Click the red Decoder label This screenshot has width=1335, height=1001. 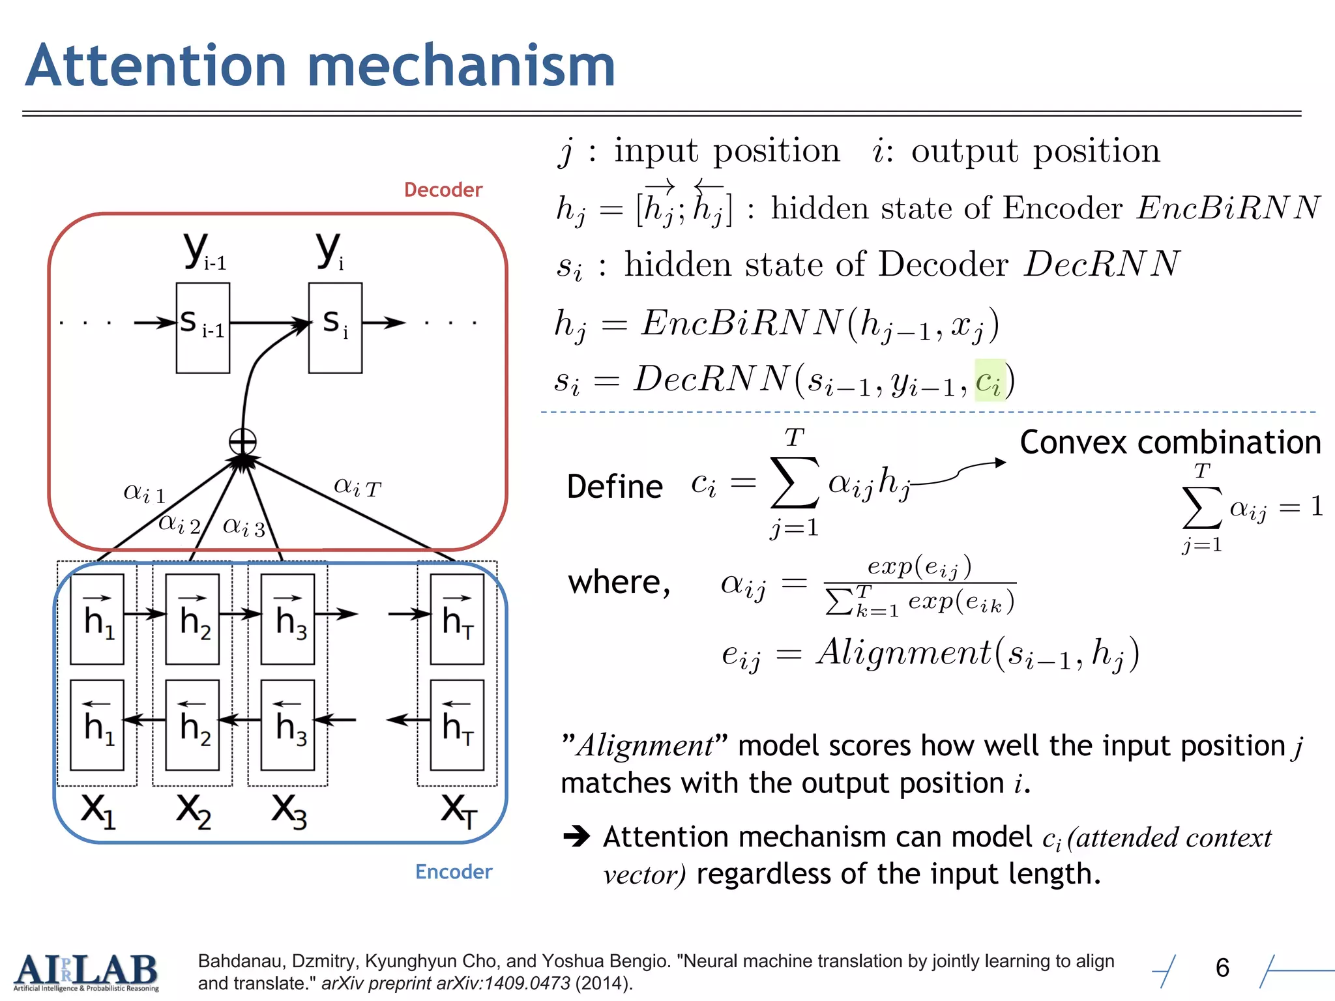443,190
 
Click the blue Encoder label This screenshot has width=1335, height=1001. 453,872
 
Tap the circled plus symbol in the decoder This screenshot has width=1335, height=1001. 242,442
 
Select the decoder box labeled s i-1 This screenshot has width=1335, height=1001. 203,327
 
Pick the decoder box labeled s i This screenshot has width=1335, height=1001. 335,327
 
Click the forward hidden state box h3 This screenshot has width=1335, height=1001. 287,618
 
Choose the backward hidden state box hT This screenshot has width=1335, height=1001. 457,725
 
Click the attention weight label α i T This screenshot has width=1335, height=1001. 357,486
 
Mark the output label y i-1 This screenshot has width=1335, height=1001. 204,252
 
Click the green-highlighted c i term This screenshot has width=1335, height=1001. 990,381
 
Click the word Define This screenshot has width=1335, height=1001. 615,487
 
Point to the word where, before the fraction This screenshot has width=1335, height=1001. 619,582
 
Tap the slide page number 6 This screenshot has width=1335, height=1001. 1222,968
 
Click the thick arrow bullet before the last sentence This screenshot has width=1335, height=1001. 577,836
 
